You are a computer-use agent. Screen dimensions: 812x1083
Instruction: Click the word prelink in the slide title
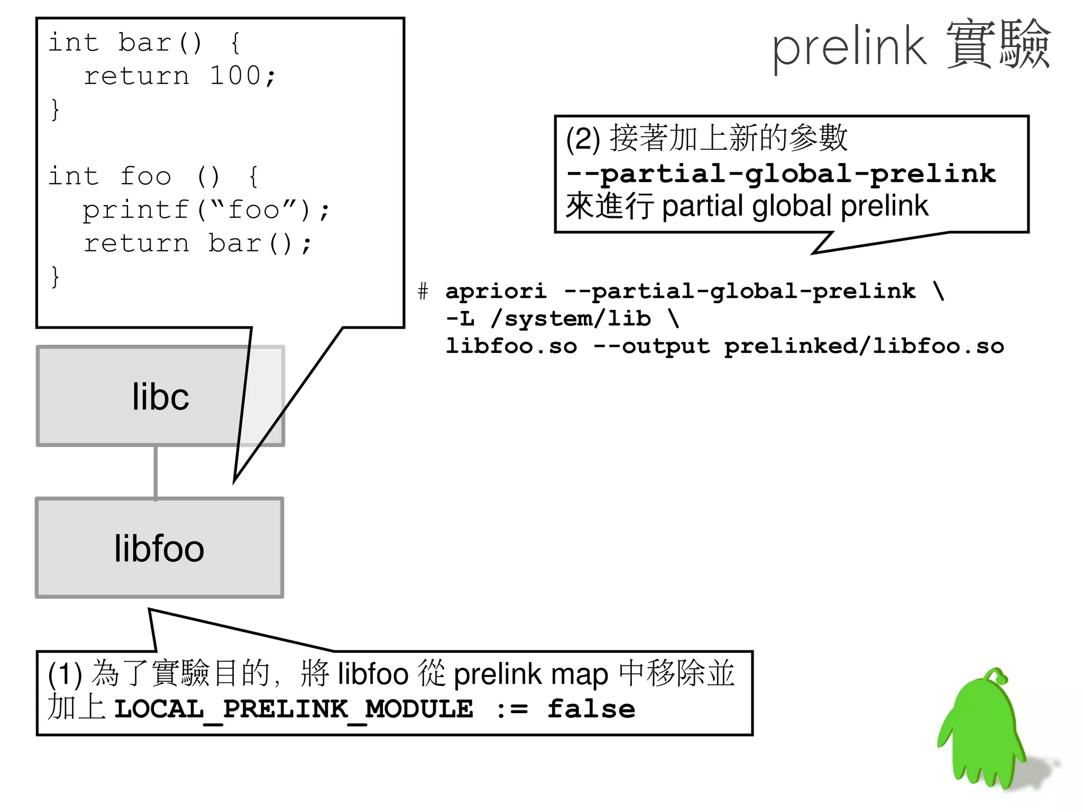849,49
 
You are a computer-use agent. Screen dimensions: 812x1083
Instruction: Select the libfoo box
159,548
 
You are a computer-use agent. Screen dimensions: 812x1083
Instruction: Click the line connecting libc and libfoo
155,472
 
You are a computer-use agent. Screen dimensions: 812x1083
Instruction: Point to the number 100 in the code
235,76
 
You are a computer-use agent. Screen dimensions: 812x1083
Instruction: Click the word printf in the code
136,211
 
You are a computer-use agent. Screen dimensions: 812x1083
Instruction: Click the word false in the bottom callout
591,709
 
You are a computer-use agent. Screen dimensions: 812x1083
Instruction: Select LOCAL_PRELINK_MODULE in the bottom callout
293,709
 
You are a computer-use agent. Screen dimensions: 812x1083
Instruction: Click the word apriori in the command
495,291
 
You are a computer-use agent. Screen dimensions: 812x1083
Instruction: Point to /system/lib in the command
571,318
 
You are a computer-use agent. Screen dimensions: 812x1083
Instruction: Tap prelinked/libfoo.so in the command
864,346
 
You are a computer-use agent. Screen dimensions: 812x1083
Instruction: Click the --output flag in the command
651,346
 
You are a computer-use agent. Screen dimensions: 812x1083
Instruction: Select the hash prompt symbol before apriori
423,291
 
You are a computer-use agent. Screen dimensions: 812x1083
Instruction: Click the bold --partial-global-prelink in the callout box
781,174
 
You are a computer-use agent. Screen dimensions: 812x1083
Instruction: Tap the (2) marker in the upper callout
583,139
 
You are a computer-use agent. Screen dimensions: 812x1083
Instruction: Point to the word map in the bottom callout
580,674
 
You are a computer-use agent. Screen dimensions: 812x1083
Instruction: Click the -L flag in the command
460,318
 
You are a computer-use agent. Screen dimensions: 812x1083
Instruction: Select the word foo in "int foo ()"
145,176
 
